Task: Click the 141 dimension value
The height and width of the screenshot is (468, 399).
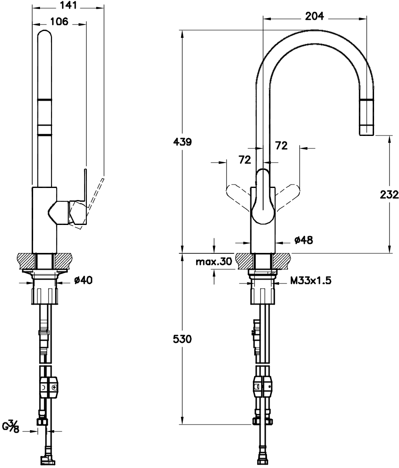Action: pyautogui.click(x=68, y=5)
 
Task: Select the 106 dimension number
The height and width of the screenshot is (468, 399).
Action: pyautogui.click(x=59, y=21)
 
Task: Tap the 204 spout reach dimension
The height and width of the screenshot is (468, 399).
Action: pyautogui.click(x=315, y=16)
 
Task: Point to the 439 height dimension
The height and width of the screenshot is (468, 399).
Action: pyautogui.click(x=182, y=142)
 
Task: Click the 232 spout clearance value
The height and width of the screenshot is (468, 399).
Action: pyautogui.click(x=389, y=194)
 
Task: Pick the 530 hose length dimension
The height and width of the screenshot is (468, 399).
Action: pyautogui.click(x=182, y=339)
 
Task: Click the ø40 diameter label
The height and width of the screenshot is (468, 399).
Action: pyautogui.click(x=83, y=280)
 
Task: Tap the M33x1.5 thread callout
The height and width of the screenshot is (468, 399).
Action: pyautogui.click(x=311, y=280)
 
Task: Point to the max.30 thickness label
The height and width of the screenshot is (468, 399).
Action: pyautogui.click(x=214, y=262)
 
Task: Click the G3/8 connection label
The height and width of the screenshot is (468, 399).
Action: pyautogui.click(x=11, y=426)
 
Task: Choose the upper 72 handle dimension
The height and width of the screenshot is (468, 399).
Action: pyautogui.click(x=281, y=145)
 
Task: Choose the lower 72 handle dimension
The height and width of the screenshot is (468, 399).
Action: pyautogui.click(x=245, y=160)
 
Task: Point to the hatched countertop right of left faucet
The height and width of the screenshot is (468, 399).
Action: pyautogui.click(x=63, y=261)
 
